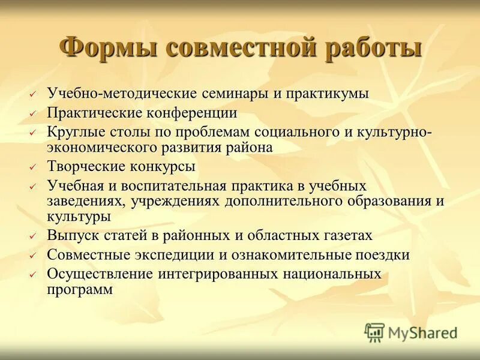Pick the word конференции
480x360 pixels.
[191, 112]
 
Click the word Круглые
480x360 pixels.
[75, 131]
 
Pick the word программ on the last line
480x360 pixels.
[80, 289]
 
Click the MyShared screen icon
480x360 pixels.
[374, 332]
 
